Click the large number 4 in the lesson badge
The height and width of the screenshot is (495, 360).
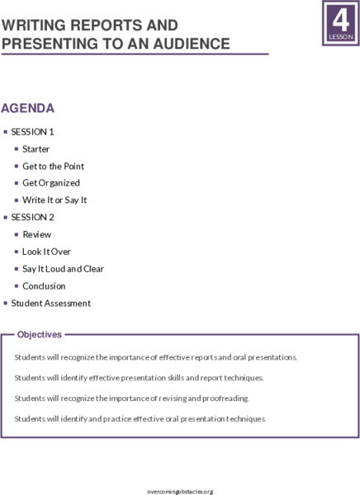pyautogui.click(x=340, y=18)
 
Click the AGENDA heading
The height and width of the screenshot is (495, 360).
pyautogui.click(x=28, y=108)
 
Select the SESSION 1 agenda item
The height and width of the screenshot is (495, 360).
pyautogui.click(x=33, y=132)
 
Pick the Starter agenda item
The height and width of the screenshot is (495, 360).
pyautogui.click(x=36, y=149)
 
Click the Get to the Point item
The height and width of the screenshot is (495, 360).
pyautogui.click(x=54, y=166)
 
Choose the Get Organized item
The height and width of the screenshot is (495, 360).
pyautogui.click(x=51, y=183)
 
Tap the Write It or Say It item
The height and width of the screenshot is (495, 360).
pyautogui.click(x=54, y=200)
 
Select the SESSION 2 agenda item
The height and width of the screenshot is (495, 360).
pyautogui.click(x=33, y=217)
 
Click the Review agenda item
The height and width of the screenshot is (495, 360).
pyautogui.click(x=37, y=234)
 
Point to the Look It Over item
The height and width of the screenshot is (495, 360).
pyautogui.click(x=46, y=252)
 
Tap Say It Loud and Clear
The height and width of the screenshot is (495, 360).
pyautogui.click(x=63, y=269)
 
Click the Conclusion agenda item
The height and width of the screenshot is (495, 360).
pyautogui.click(x=44, y=286)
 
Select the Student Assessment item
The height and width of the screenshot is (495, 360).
pyautogui.click(x=51, y=304)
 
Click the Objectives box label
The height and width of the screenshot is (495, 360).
pyautogui.click(x=40, y=335)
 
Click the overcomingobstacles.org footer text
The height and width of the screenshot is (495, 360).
pyautogui.click(x=180, y=491)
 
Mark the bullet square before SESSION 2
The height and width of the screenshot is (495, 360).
pyautogui.click(x=5, y=217)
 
